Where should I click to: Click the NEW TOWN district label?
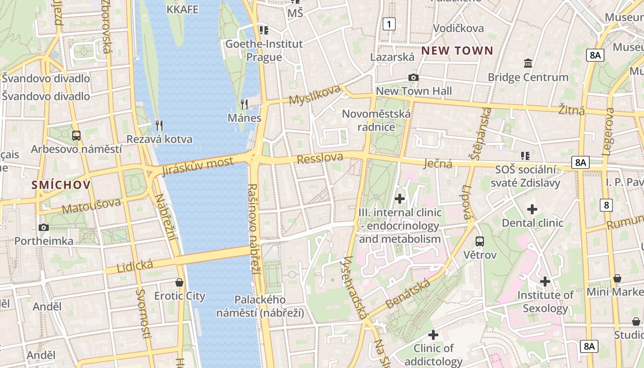457,51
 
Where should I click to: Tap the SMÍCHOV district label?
61,185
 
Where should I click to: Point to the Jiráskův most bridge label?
198,167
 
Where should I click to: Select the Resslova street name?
320,159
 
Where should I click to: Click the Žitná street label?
571,110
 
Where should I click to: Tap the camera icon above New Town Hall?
414,77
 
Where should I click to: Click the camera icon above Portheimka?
44,227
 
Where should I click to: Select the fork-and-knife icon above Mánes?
244,104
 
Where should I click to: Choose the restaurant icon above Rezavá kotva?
159,125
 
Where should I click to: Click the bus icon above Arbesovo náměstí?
76,136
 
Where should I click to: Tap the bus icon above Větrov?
480,241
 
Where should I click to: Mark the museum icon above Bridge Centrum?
528,63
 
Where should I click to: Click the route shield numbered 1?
389,24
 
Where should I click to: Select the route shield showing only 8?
606,205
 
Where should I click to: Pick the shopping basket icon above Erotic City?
179,282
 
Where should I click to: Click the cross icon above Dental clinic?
532,209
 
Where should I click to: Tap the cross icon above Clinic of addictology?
433,334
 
